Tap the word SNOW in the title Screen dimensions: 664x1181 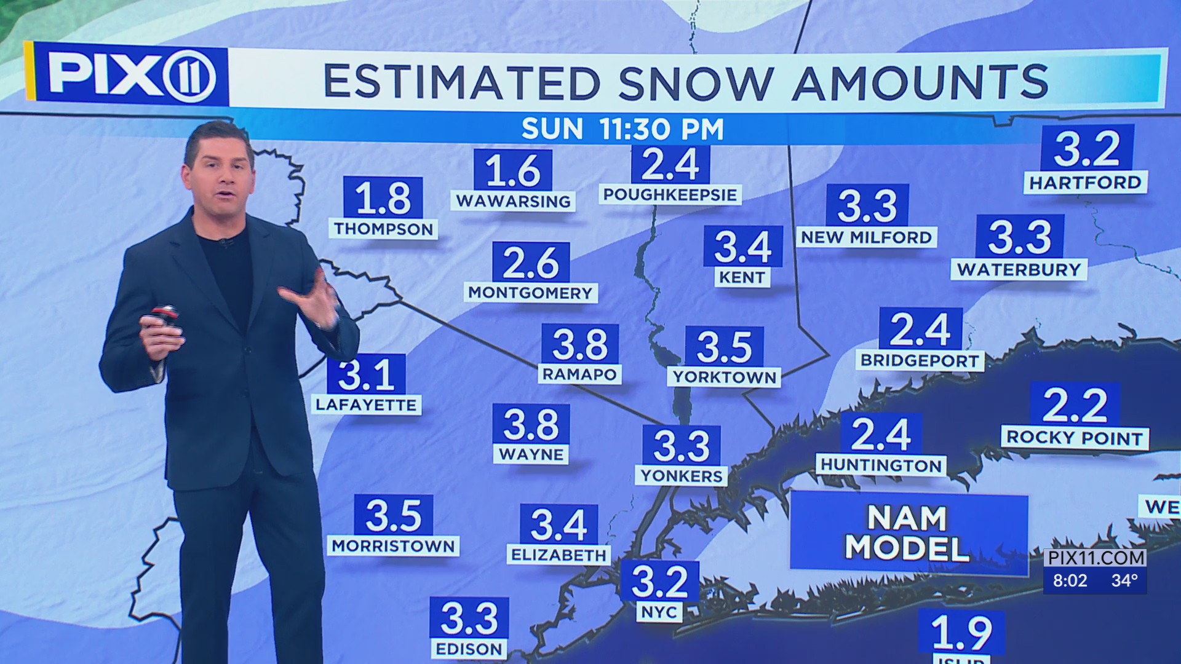[695, 82]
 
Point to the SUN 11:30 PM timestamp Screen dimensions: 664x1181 [622, 129]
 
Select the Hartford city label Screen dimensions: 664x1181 [1085, 183]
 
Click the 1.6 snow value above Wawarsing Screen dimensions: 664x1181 [513, 170]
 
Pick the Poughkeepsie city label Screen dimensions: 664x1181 [670, 195]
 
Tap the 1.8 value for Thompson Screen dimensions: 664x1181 [383, 198]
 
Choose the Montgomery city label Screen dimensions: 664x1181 [530, 293]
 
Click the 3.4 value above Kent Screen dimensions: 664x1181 [742, 247]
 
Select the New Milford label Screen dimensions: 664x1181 [866, 237]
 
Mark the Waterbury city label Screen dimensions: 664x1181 [1019, 269]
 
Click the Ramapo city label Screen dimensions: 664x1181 [579, 374]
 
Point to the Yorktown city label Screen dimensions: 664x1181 [724, 377]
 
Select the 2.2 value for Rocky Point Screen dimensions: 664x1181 [1075, 405]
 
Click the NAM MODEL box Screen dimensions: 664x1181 [908, 533]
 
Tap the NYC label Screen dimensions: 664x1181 [659, 612]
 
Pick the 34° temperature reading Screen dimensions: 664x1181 [1124, 580]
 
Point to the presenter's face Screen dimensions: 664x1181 [220, 178]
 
